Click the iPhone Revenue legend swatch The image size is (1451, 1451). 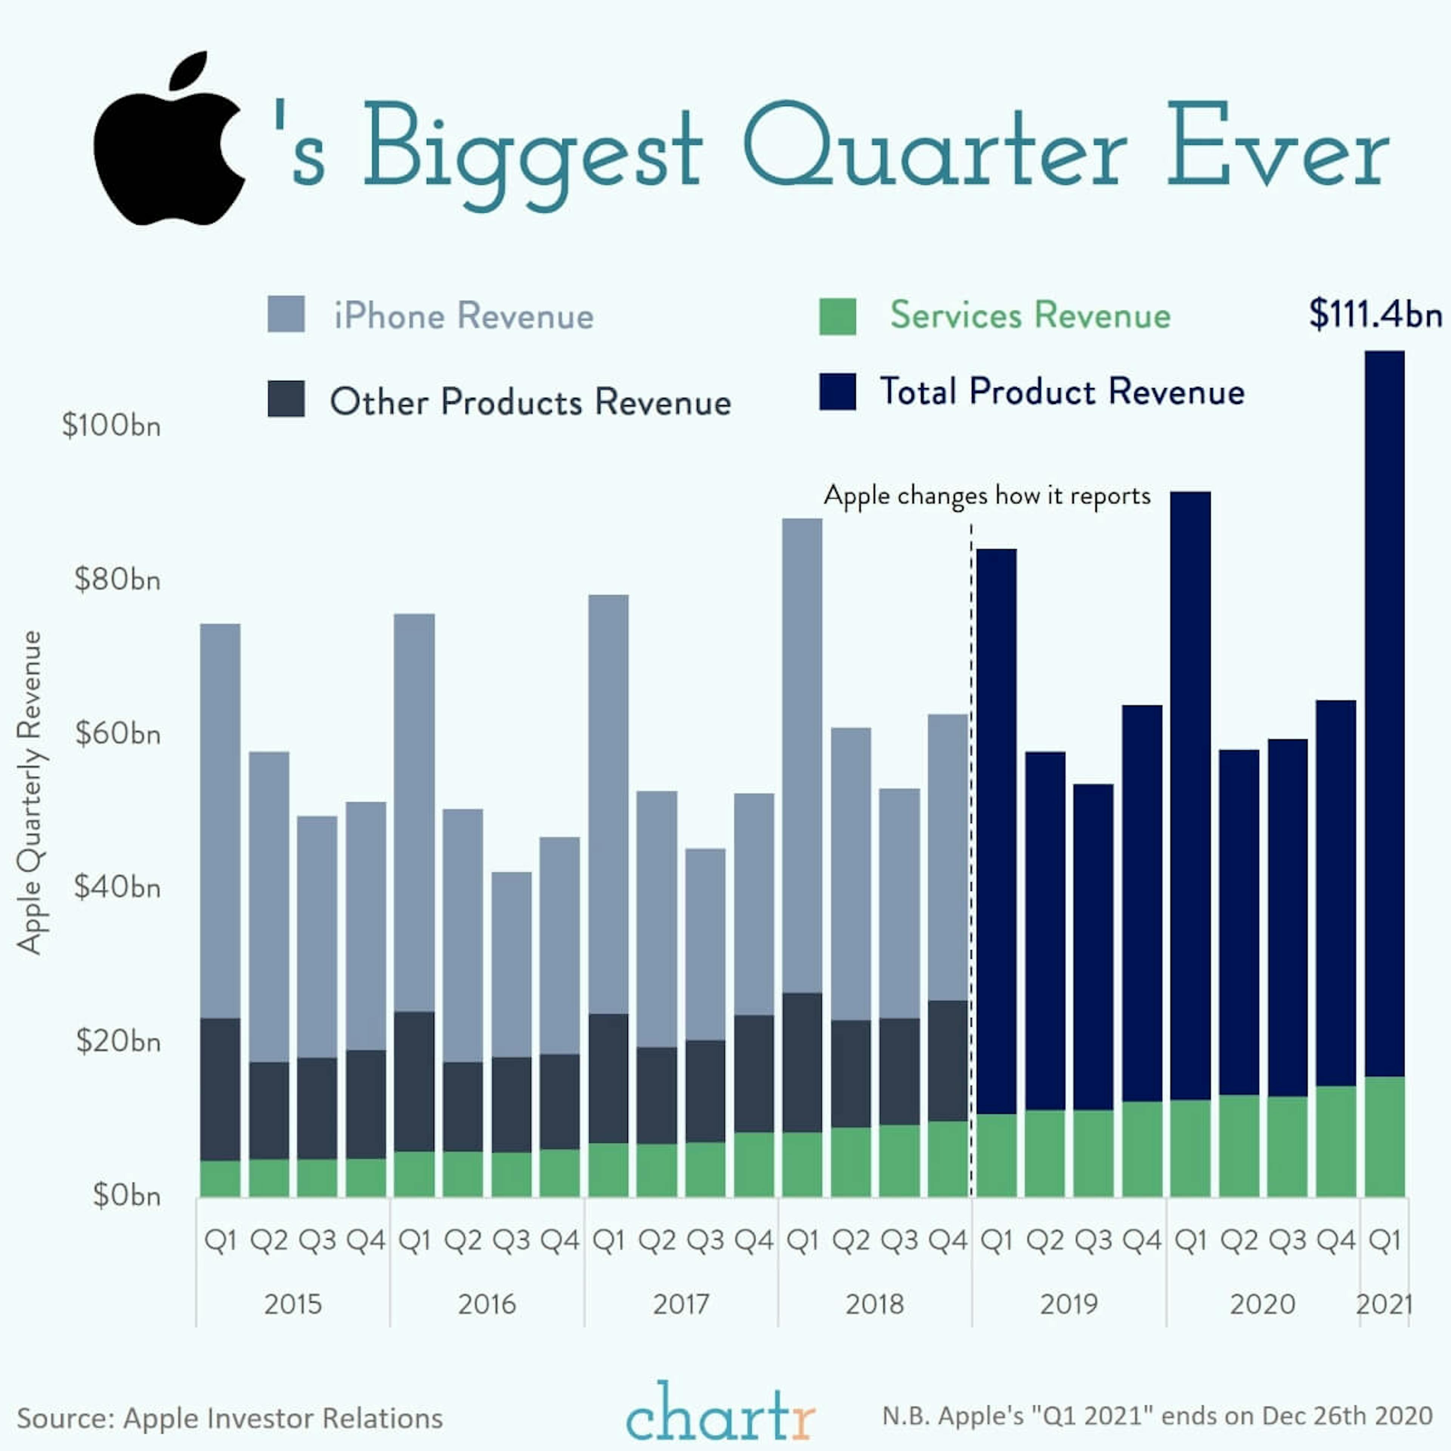click(286, 314)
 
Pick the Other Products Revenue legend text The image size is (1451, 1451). click(530, 402)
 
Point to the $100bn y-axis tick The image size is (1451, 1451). click(111, 426)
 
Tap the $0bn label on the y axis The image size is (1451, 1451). click(126, 1195)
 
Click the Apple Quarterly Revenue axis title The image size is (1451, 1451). click(30, 792)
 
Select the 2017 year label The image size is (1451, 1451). click(681, 1304)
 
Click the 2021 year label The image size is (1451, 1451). click(1384, 1304)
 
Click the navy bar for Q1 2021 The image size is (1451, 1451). click(1384, 713)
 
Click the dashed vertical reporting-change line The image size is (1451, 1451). click(971, 864)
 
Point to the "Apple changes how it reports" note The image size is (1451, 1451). click(987, 496)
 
